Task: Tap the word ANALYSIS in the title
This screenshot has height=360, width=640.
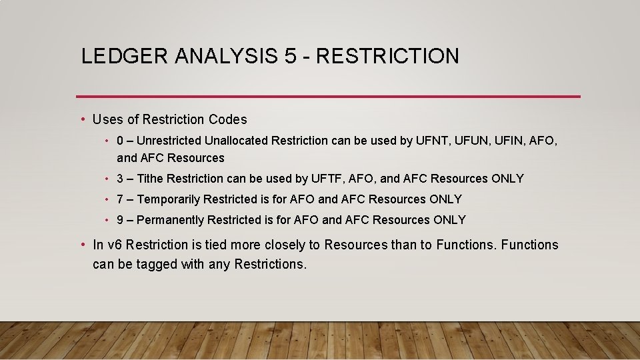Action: (x=225, y=56)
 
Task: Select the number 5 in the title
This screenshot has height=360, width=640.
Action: (x=290, y=56)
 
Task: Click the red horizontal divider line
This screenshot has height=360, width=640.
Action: (x=328, y=97)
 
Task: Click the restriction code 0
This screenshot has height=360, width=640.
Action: (x=120, y=141)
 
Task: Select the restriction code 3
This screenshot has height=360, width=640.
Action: (x=120, y=179)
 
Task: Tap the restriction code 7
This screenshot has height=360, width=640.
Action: (x=120, y=199)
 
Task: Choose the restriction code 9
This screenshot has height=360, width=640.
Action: (x=120, y=220)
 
